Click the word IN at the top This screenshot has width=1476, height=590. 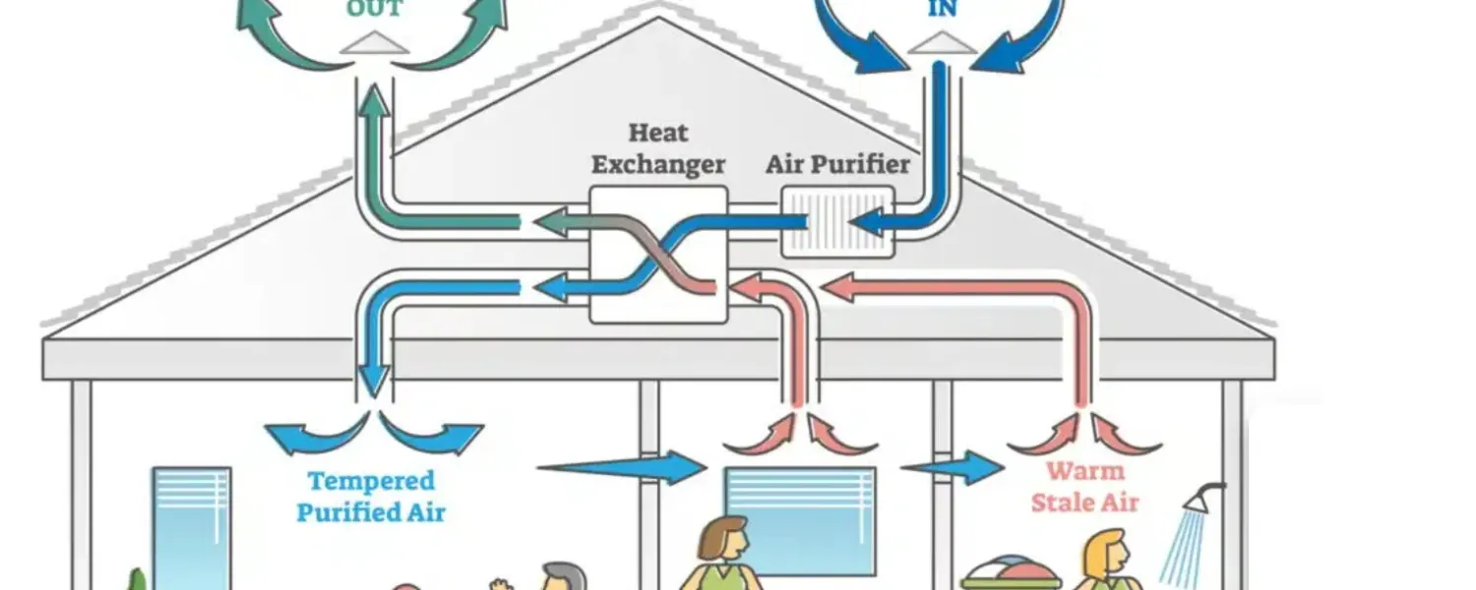point(942,10)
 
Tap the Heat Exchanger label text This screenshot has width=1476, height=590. point(658,147)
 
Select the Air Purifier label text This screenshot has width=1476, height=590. point(837,163)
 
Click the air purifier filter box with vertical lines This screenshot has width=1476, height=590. point(837,223)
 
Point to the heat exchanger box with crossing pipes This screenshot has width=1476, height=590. point(658,255)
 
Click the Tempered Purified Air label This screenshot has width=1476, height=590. point(371,497)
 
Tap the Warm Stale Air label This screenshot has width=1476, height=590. point(1084,487)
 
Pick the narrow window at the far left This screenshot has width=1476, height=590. point(191,526)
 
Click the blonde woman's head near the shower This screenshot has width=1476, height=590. point(1107,551)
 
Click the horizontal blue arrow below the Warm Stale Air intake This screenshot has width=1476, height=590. point(954,467)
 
